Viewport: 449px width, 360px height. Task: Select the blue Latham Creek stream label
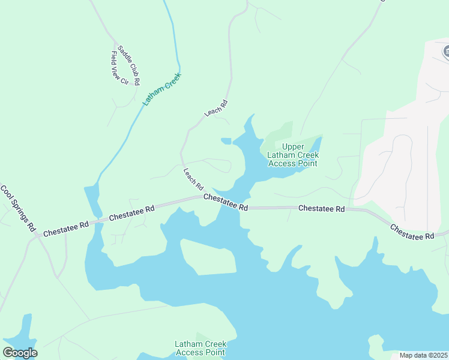pos(161,89)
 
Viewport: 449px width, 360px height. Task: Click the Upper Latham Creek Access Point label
pos(292,155)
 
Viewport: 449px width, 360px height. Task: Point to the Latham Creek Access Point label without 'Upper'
pos(200,348)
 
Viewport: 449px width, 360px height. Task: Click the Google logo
pos(20,353)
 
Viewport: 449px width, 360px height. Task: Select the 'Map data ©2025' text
pos(423,355)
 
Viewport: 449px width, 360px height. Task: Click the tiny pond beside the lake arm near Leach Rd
pos(226,141)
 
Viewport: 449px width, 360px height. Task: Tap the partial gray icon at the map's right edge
pos(446,52)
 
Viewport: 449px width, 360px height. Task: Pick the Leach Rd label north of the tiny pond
pos(216,109)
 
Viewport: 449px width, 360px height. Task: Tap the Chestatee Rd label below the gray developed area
pos(412,232)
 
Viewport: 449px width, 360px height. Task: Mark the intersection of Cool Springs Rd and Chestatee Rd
pos(37,236)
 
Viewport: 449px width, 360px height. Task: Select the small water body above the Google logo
pos(25,329)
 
